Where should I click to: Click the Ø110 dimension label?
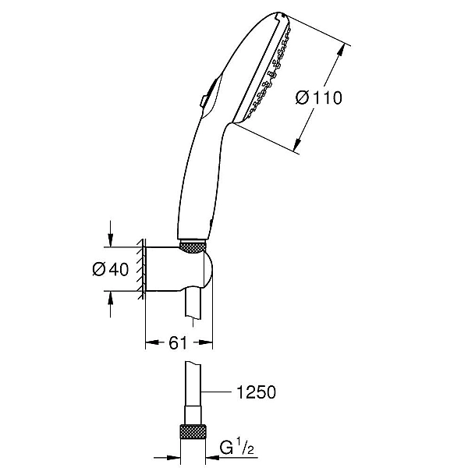coord(319,97)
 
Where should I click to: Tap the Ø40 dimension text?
coord(111,269)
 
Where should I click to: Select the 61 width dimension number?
coord(178,343)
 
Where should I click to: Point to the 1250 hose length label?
coord(256,392)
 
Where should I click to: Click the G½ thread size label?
coord(237,448)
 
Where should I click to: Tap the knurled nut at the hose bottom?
coord(193,431)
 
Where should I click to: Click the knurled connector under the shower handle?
coord(193,248)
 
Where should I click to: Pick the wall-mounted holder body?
coord(179,268)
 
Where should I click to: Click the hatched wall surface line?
coord(141,268)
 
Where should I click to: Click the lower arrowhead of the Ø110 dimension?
coord(296,145)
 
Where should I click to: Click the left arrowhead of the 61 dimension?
coord(152,342)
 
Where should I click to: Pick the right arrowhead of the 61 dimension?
coord(205,342)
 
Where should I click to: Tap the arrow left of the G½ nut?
coord(167,457)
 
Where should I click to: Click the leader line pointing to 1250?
coord(216,392)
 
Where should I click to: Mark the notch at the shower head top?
coord(280,15)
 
